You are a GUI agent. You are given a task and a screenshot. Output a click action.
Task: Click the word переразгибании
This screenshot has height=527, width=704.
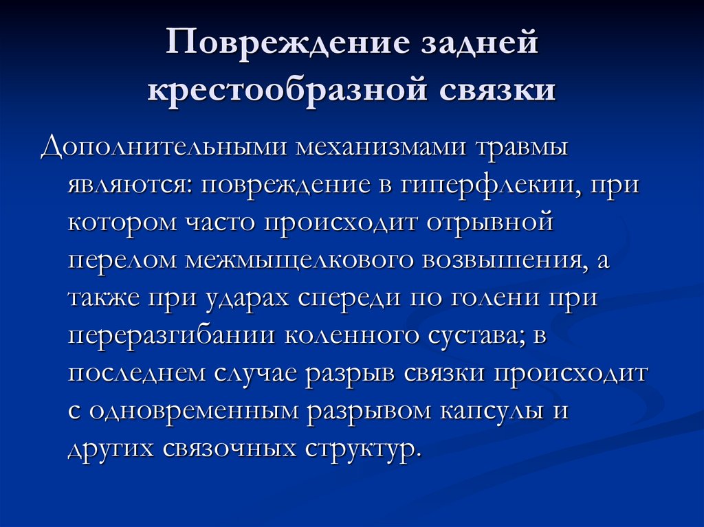tap(171, 336)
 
